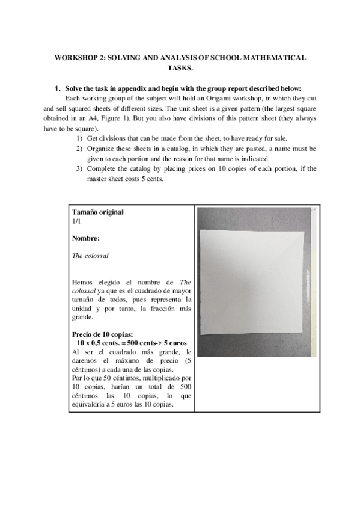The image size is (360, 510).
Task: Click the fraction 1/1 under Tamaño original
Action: [x=75, y=221]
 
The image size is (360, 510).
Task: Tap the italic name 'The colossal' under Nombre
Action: [x=90, y=256]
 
